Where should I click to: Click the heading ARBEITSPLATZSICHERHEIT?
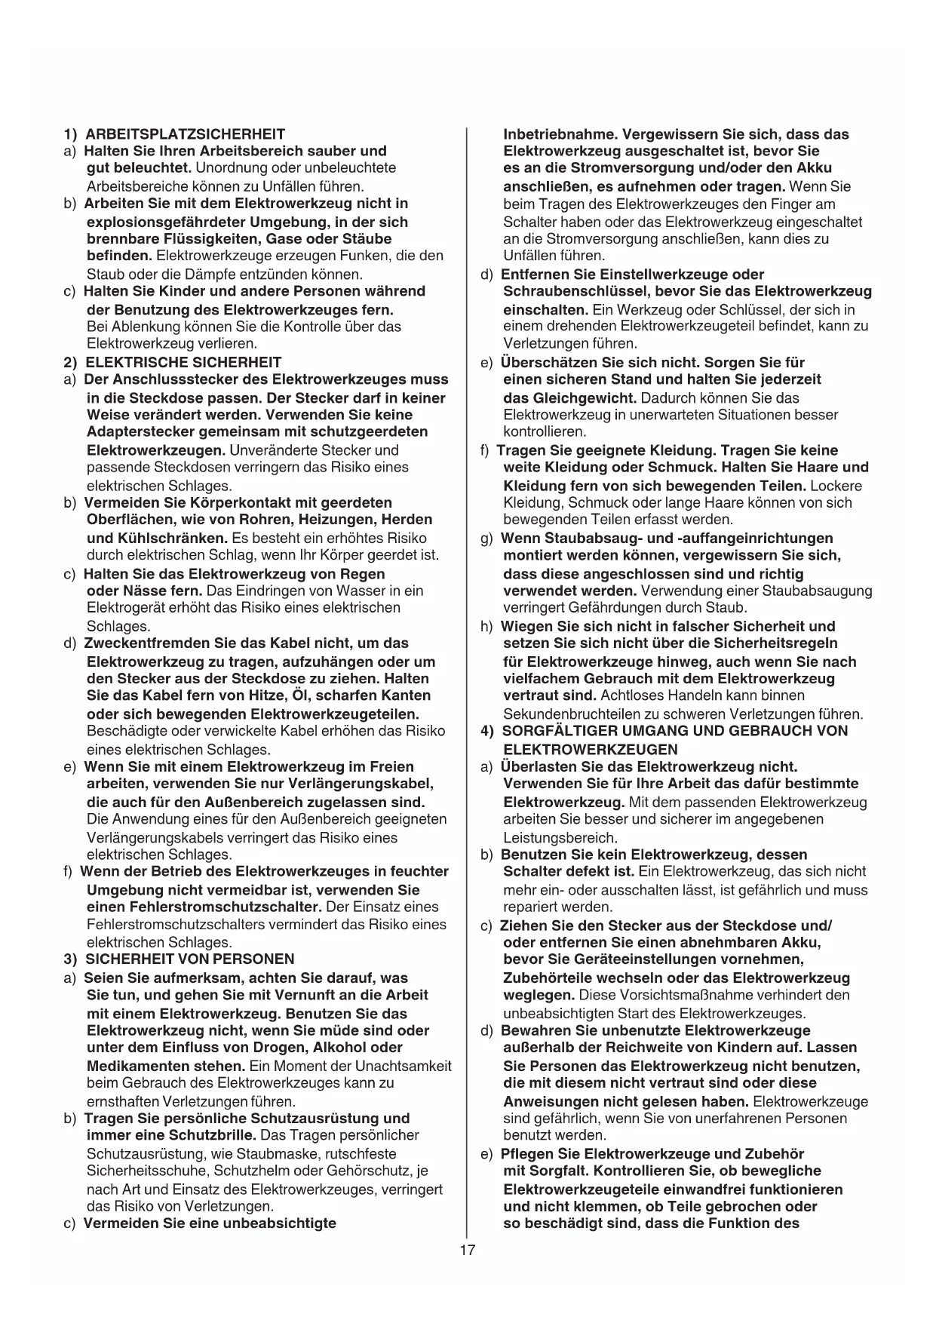tap(185, 134)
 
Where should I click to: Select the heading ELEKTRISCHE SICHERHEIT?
tap(183, 362)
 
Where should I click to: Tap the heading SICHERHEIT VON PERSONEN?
tap(189, 959)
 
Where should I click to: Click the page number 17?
tap(468, 1251)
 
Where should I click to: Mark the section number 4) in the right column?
tap(488, 731)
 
